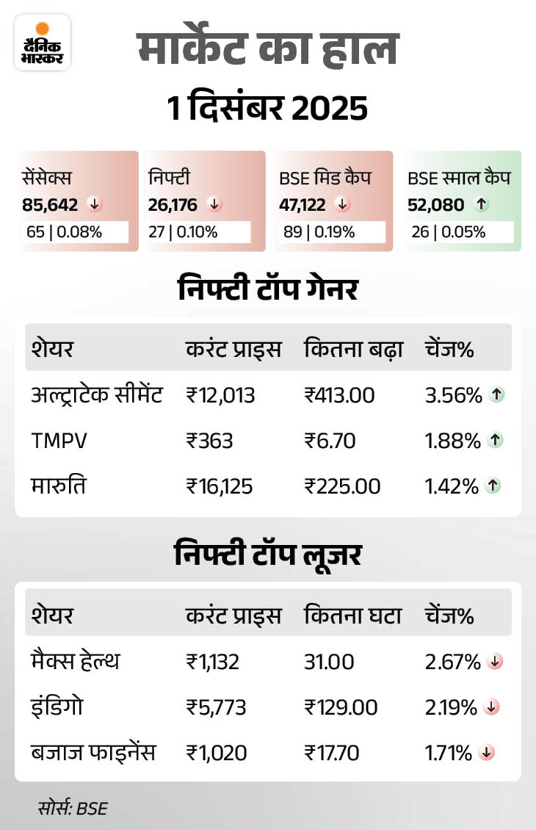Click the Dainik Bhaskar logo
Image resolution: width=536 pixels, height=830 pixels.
click(42, 42)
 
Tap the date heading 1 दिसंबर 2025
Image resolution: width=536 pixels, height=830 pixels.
click(267, 109)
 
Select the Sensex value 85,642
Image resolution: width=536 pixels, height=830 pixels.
click(50, 204)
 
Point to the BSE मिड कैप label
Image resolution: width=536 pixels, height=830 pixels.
click(325, 177)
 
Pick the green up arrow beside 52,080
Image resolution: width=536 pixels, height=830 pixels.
click(482, 204)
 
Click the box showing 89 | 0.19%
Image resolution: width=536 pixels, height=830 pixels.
click(333, 232)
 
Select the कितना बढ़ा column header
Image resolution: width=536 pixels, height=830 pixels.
click(353, 349)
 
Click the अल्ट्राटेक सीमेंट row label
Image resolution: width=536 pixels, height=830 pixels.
click(98, 395)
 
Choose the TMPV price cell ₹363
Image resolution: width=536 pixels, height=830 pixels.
click(209, 441)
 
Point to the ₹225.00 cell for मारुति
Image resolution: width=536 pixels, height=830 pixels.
click(342, 486)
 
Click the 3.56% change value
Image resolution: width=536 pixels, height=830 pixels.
click(453, 395)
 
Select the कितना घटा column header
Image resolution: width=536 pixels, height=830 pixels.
click(352, 616)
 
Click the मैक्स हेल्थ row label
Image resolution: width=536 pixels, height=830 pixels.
click(75, 662)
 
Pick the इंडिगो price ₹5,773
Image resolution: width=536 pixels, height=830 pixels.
click(216, 707)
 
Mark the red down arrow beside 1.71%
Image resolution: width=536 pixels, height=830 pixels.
click(485, 753)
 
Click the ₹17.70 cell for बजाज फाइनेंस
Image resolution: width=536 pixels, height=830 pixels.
click(331, 753)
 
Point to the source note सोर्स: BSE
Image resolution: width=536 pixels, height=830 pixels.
click(73, 809)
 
